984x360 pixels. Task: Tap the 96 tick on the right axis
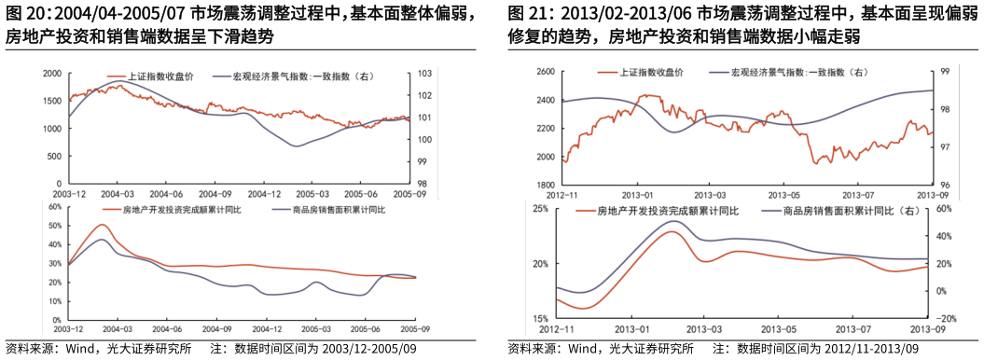click(x=944, y=185)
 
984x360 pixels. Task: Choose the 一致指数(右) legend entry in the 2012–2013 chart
click(x=802, y=73)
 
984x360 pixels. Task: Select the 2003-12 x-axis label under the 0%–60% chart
click(x=68, y=329)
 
